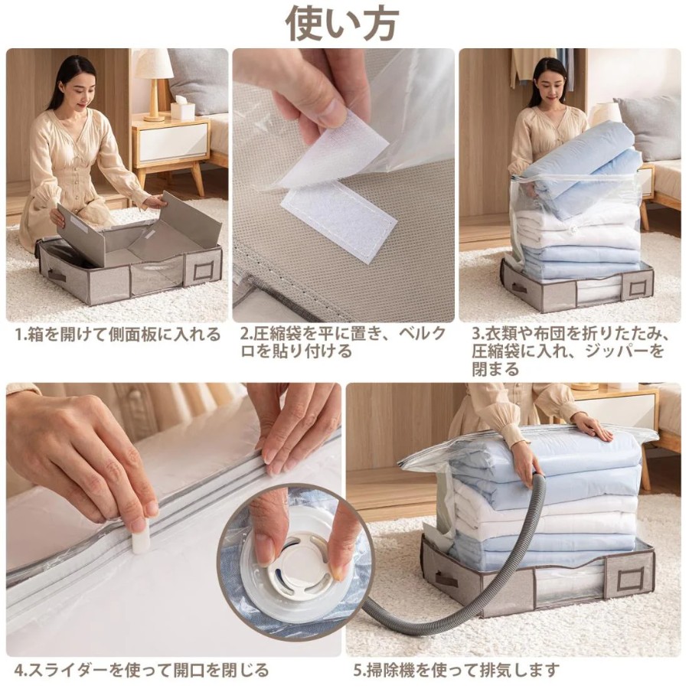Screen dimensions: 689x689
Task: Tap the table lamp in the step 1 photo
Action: pos(153,83)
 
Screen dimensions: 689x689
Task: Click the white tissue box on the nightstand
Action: pos(182,109)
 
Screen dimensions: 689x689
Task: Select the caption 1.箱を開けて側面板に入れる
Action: pos(117,335)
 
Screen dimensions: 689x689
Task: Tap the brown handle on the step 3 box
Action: pos(519,289)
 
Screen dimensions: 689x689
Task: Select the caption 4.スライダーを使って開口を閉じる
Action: pos(142,670)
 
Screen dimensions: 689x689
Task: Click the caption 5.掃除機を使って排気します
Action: pos(457,670)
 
